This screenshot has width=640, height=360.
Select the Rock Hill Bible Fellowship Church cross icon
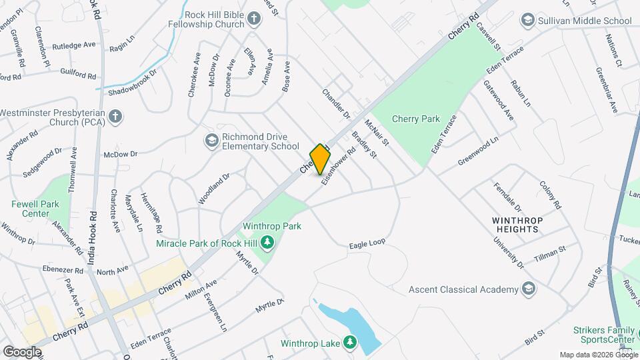254,19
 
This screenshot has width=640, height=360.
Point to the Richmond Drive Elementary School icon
211,140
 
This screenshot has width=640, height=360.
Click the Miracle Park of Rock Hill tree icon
267,243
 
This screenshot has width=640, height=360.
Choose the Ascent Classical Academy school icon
529,289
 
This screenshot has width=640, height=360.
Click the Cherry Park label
415,119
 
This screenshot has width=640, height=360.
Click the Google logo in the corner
21,351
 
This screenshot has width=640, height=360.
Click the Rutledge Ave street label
74,45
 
